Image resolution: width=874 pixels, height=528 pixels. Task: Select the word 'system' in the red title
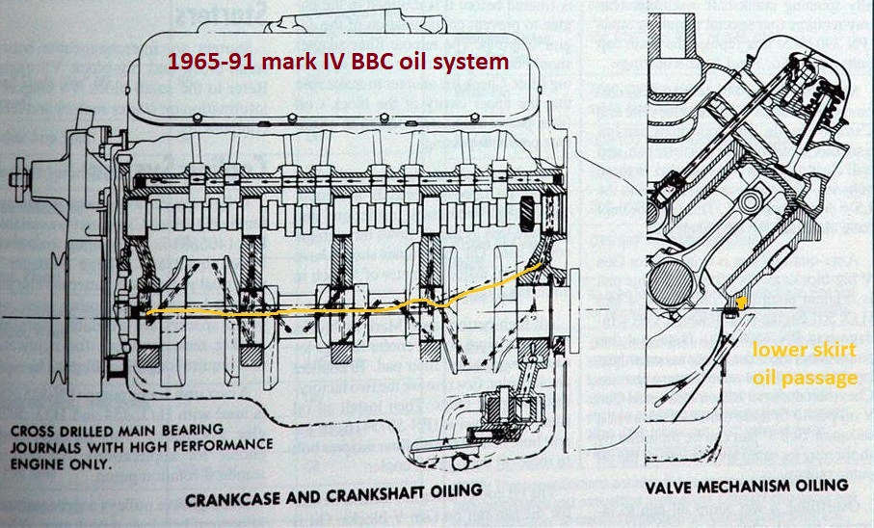tap(473, 64)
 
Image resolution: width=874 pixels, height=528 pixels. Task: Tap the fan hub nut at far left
tap(16, 179)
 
